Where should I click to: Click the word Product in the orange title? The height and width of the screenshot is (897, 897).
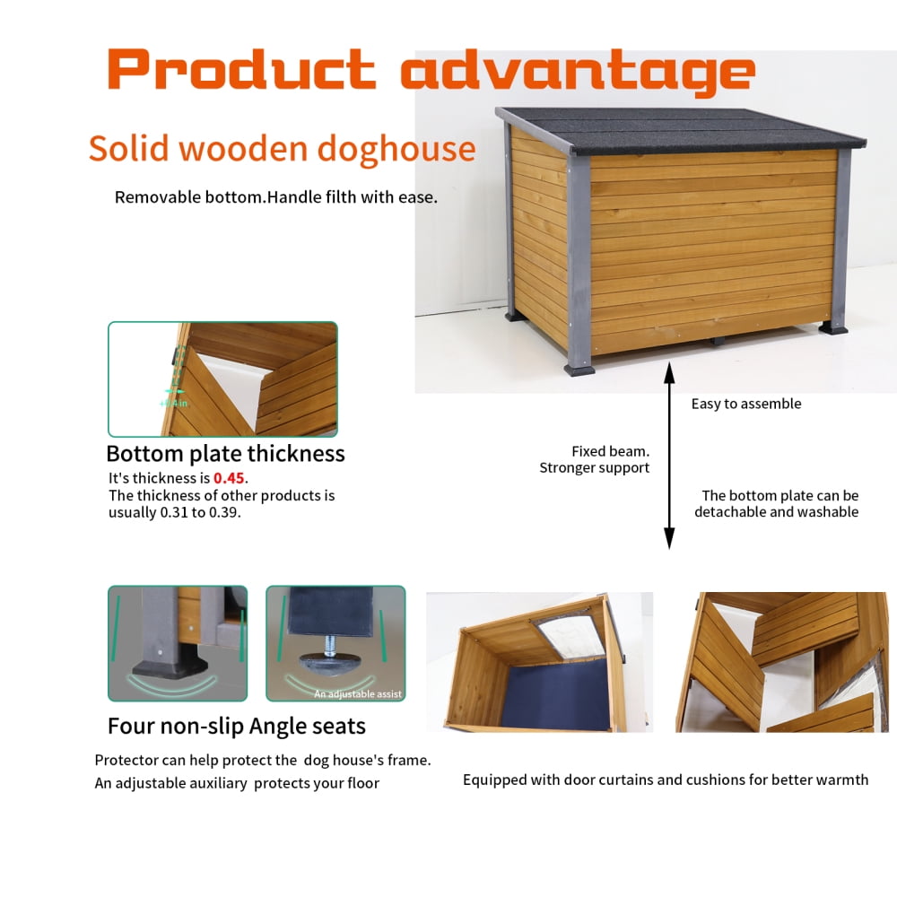coord(240,69)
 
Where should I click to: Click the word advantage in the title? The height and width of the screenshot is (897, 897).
coord(577,71)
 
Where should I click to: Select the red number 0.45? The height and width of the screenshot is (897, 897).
coord(229,478)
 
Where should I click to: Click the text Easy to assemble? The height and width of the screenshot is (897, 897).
coord(745,404)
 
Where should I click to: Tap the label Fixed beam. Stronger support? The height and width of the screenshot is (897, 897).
coord(595,459)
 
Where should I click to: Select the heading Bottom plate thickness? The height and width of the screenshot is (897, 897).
coord(225,453)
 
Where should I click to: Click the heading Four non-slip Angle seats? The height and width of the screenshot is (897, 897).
coord(237,725)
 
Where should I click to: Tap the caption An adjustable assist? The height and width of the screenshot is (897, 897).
coord(358,693)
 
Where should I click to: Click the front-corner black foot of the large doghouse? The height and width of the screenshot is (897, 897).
coord(579,368)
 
